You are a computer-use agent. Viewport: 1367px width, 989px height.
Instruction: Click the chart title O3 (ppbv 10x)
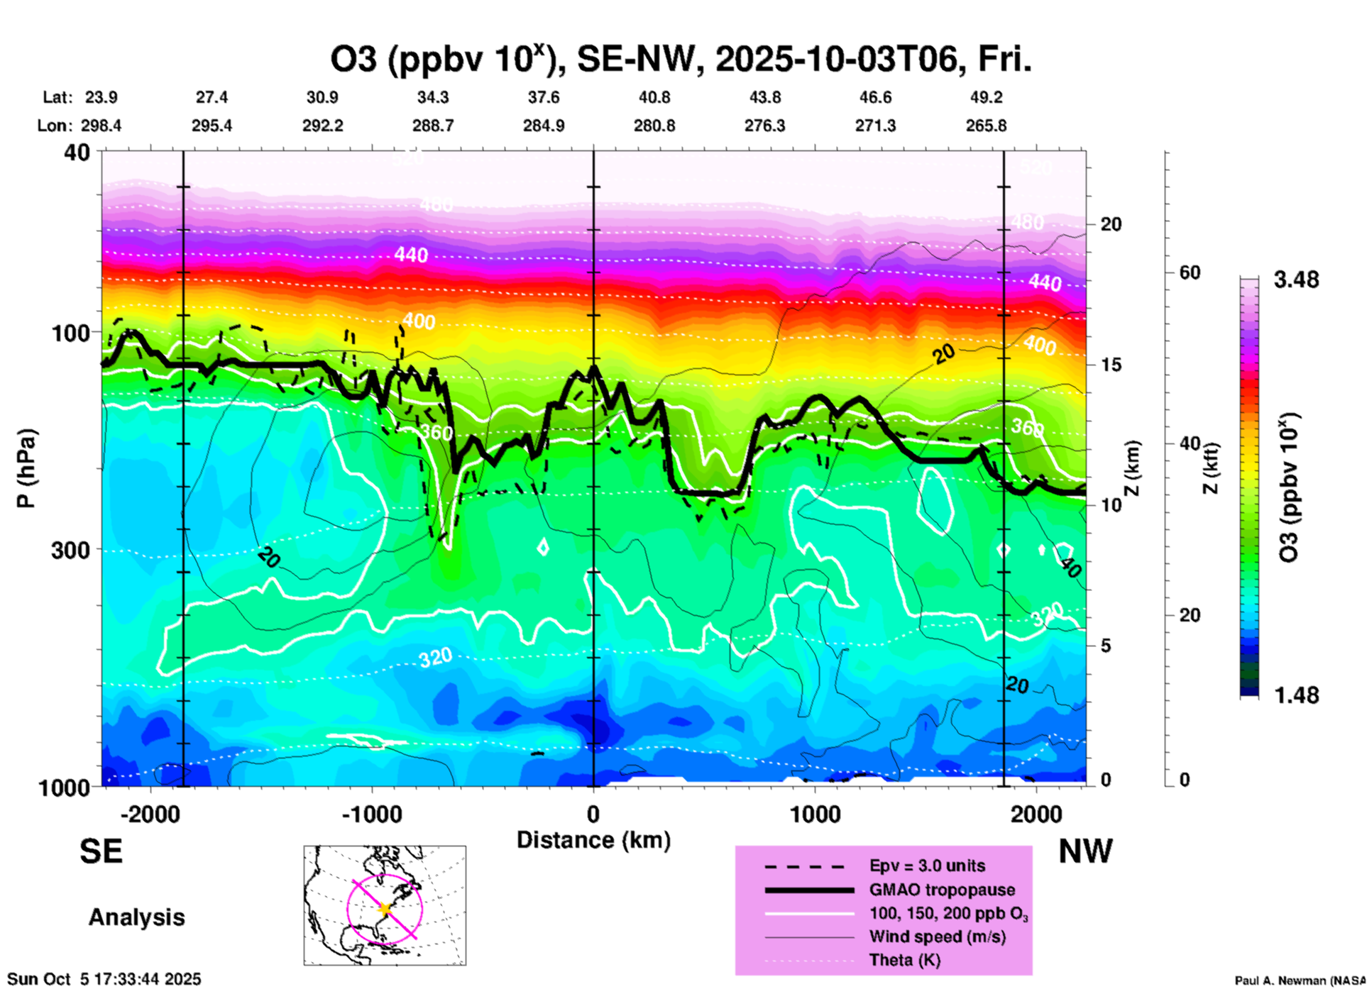(680, 59)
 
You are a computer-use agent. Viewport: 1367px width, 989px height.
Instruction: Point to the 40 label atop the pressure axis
(78, 152)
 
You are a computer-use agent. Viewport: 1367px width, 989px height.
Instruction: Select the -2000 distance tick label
(150, 814)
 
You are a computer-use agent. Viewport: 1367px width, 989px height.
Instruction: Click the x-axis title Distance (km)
(593, 840)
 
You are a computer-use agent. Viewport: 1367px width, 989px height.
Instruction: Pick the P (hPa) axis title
(26, 468)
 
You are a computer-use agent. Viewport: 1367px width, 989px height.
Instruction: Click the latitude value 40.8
(654, 97)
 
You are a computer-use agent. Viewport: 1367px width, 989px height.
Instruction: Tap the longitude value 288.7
(433, 126)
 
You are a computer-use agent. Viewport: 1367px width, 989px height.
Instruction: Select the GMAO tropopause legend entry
(942, 890)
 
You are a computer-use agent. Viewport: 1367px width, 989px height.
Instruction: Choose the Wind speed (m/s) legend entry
(937, 936)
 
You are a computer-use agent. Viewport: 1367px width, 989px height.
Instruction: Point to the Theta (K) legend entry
(904, 960)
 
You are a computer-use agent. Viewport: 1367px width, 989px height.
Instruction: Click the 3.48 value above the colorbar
(1296, 280)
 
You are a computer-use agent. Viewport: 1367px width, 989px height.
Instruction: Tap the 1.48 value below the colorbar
(1296, 695)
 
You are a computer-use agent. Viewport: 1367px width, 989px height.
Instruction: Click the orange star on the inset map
(385, 909)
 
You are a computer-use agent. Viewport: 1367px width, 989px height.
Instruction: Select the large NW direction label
(1085, 851)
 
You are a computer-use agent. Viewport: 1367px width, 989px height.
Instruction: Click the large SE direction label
(101, 851)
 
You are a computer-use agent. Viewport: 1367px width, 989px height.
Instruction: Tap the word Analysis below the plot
(136, 917)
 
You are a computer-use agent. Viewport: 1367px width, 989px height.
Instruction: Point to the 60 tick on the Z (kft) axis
(1190, 273)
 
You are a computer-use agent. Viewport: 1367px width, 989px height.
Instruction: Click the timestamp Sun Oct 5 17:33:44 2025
(104, 979)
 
